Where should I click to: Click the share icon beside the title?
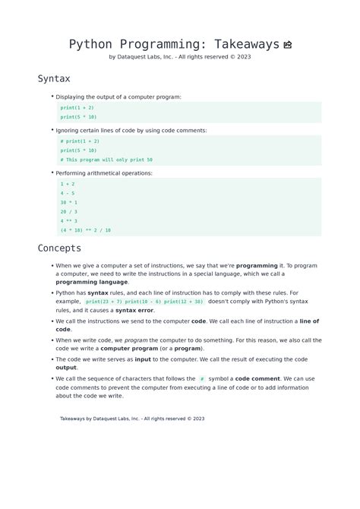[x=288, y=45]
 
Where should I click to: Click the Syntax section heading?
[x=54, y=78]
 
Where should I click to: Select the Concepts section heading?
[x=59, y=248]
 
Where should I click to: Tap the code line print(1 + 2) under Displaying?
[x=77, y=108]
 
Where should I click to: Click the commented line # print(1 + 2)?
[x=80, y=141]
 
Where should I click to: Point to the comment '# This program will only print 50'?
[x=106, y=160]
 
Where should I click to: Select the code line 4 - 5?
[x=68, y=193]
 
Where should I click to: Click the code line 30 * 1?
[x=69, y=202]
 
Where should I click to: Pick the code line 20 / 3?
[x=69, y=211]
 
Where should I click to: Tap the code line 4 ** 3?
[x=69, y=220]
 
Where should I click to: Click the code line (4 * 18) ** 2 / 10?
[x=86, y=229]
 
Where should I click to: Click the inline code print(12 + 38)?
[x=184, y=302]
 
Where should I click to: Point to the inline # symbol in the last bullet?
[x=202, y=378]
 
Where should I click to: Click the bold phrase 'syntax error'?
[x=134, y=310]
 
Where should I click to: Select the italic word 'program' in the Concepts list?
[x=136, y=340]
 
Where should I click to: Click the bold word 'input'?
[x=143, y=359]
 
